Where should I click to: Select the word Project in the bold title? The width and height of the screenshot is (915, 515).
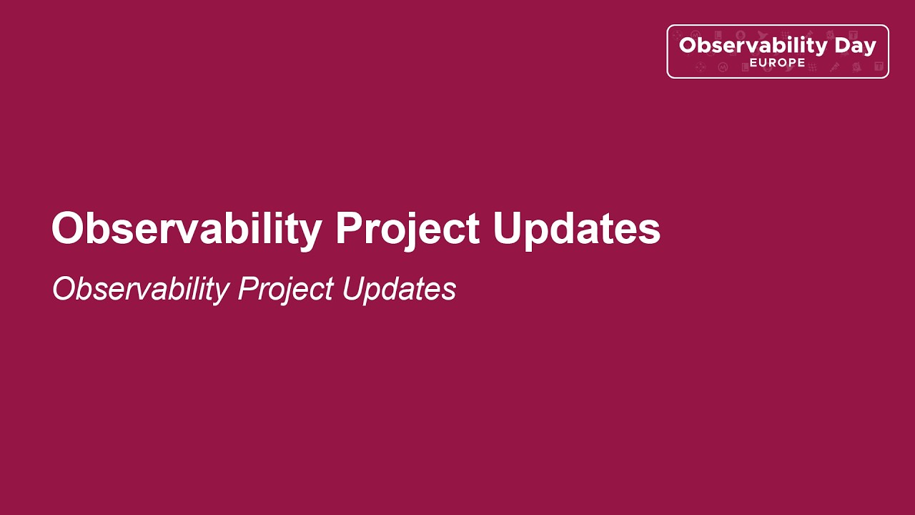(x=407, y=229)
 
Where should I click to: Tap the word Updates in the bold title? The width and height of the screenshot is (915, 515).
(x=576, y=229)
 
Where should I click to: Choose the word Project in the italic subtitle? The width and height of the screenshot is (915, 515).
(x=285, y=289)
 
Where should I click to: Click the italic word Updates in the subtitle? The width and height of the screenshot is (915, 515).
(x=398, y=289)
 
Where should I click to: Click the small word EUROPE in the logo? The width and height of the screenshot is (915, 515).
(x=777, y=63)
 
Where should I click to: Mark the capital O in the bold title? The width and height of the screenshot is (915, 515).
(x=66, y=229)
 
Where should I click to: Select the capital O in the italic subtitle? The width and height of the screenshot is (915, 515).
(x=64, y=289)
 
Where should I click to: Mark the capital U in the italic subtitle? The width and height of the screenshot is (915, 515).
(x=352, y=289)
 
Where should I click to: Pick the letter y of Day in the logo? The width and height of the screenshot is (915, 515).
(x=869, y=49)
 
